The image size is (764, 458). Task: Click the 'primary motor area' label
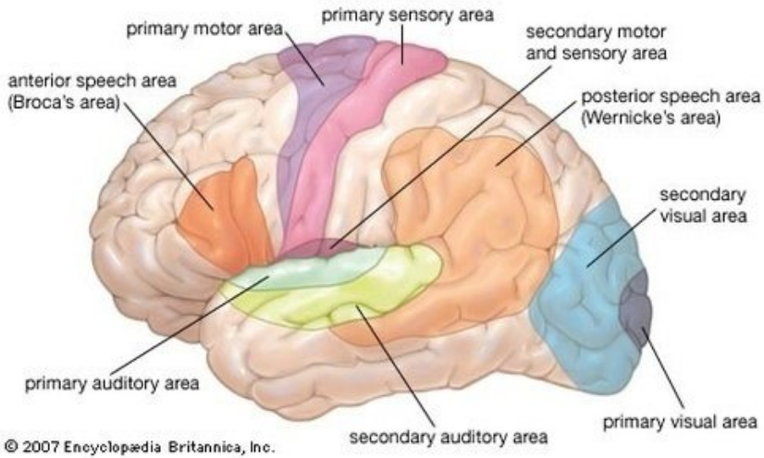(204, 30)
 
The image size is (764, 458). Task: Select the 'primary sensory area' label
(407, 15)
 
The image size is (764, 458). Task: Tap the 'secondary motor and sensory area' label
(596, 43)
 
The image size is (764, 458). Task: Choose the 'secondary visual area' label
(703, 204)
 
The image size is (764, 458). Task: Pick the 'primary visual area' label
(680, 422)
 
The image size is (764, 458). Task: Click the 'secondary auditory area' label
(449, 437)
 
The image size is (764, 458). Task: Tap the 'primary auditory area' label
(112, 383)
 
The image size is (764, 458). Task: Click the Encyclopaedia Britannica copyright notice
(140, 446)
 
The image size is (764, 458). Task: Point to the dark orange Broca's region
(224, 215)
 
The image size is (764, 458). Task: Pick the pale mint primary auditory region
(302, 273)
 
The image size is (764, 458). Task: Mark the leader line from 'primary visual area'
(662, 368)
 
